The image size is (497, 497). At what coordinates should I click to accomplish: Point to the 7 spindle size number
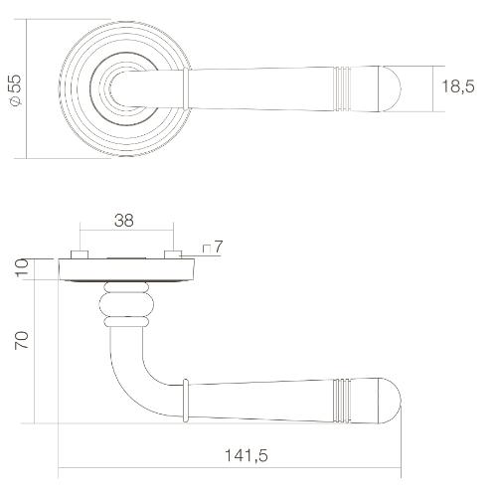[x=216, y=246]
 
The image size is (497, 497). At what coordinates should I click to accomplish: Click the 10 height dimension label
[x=23, y=267]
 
